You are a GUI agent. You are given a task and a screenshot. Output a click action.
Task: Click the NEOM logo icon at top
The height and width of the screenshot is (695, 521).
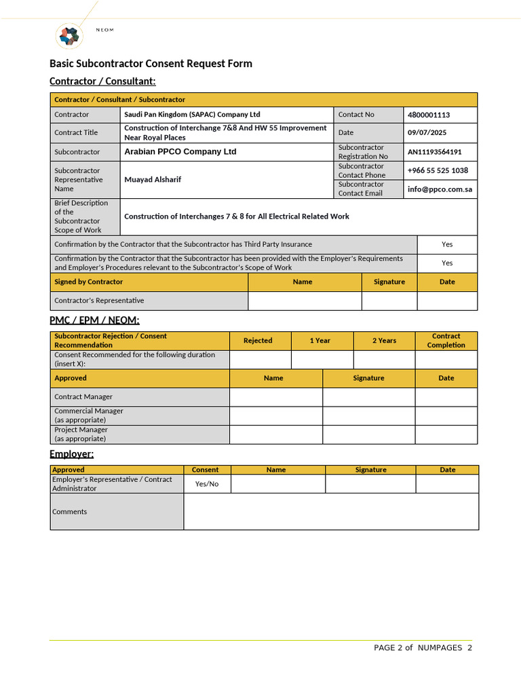[x=69, y=35]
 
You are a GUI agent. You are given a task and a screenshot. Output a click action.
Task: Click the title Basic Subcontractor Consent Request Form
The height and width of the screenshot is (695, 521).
[x=151, y=64]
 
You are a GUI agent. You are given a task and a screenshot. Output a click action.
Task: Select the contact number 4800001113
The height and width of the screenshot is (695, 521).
[x=428, y=115]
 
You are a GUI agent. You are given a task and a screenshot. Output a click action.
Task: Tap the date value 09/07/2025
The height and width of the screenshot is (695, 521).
[x=427, y=133]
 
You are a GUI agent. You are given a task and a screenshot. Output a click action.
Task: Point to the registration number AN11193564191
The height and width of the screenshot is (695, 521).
[x=434, y=152]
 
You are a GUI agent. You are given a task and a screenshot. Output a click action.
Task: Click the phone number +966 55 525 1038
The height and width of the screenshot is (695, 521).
[x=438, y=170]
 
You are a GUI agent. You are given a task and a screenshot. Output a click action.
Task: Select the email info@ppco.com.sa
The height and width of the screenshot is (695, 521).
[x=440, y=189]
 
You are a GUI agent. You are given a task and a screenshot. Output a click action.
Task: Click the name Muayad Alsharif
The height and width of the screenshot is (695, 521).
[x=153, y=180]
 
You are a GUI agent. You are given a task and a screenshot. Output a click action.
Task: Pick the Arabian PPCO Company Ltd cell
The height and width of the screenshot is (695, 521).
[x=180, y=152]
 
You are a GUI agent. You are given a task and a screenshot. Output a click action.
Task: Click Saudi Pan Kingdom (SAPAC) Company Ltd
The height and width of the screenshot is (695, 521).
[x=192, y=115]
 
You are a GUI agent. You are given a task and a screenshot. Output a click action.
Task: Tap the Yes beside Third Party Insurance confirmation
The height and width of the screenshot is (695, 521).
[x=447, y=244]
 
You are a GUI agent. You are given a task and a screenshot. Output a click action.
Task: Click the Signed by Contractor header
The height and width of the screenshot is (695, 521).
[x=89, y=282]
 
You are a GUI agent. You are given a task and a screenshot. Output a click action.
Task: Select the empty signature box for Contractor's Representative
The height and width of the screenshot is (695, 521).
[x=389, y=301]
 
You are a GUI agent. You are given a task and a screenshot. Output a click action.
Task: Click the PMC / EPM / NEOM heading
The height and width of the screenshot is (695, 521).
[x=94, y=320]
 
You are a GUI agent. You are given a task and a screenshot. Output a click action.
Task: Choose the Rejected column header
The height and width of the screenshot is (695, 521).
[x=258, y=341]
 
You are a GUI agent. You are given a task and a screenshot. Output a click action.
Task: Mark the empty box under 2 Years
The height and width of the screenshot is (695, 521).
[x=384, y=360]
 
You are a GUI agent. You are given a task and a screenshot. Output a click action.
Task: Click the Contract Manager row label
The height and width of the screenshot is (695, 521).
[x=83, y=397]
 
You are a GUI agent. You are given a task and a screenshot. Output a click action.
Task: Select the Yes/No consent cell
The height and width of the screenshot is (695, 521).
[x=207, y=484]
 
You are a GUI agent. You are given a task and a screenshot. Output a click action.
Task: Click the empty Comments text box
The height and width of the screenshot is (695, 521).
[x=331, y=512]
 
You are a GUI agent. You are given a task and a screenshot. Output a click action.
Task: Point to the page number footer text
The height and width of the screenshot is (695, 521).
[x=423, y=647]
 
